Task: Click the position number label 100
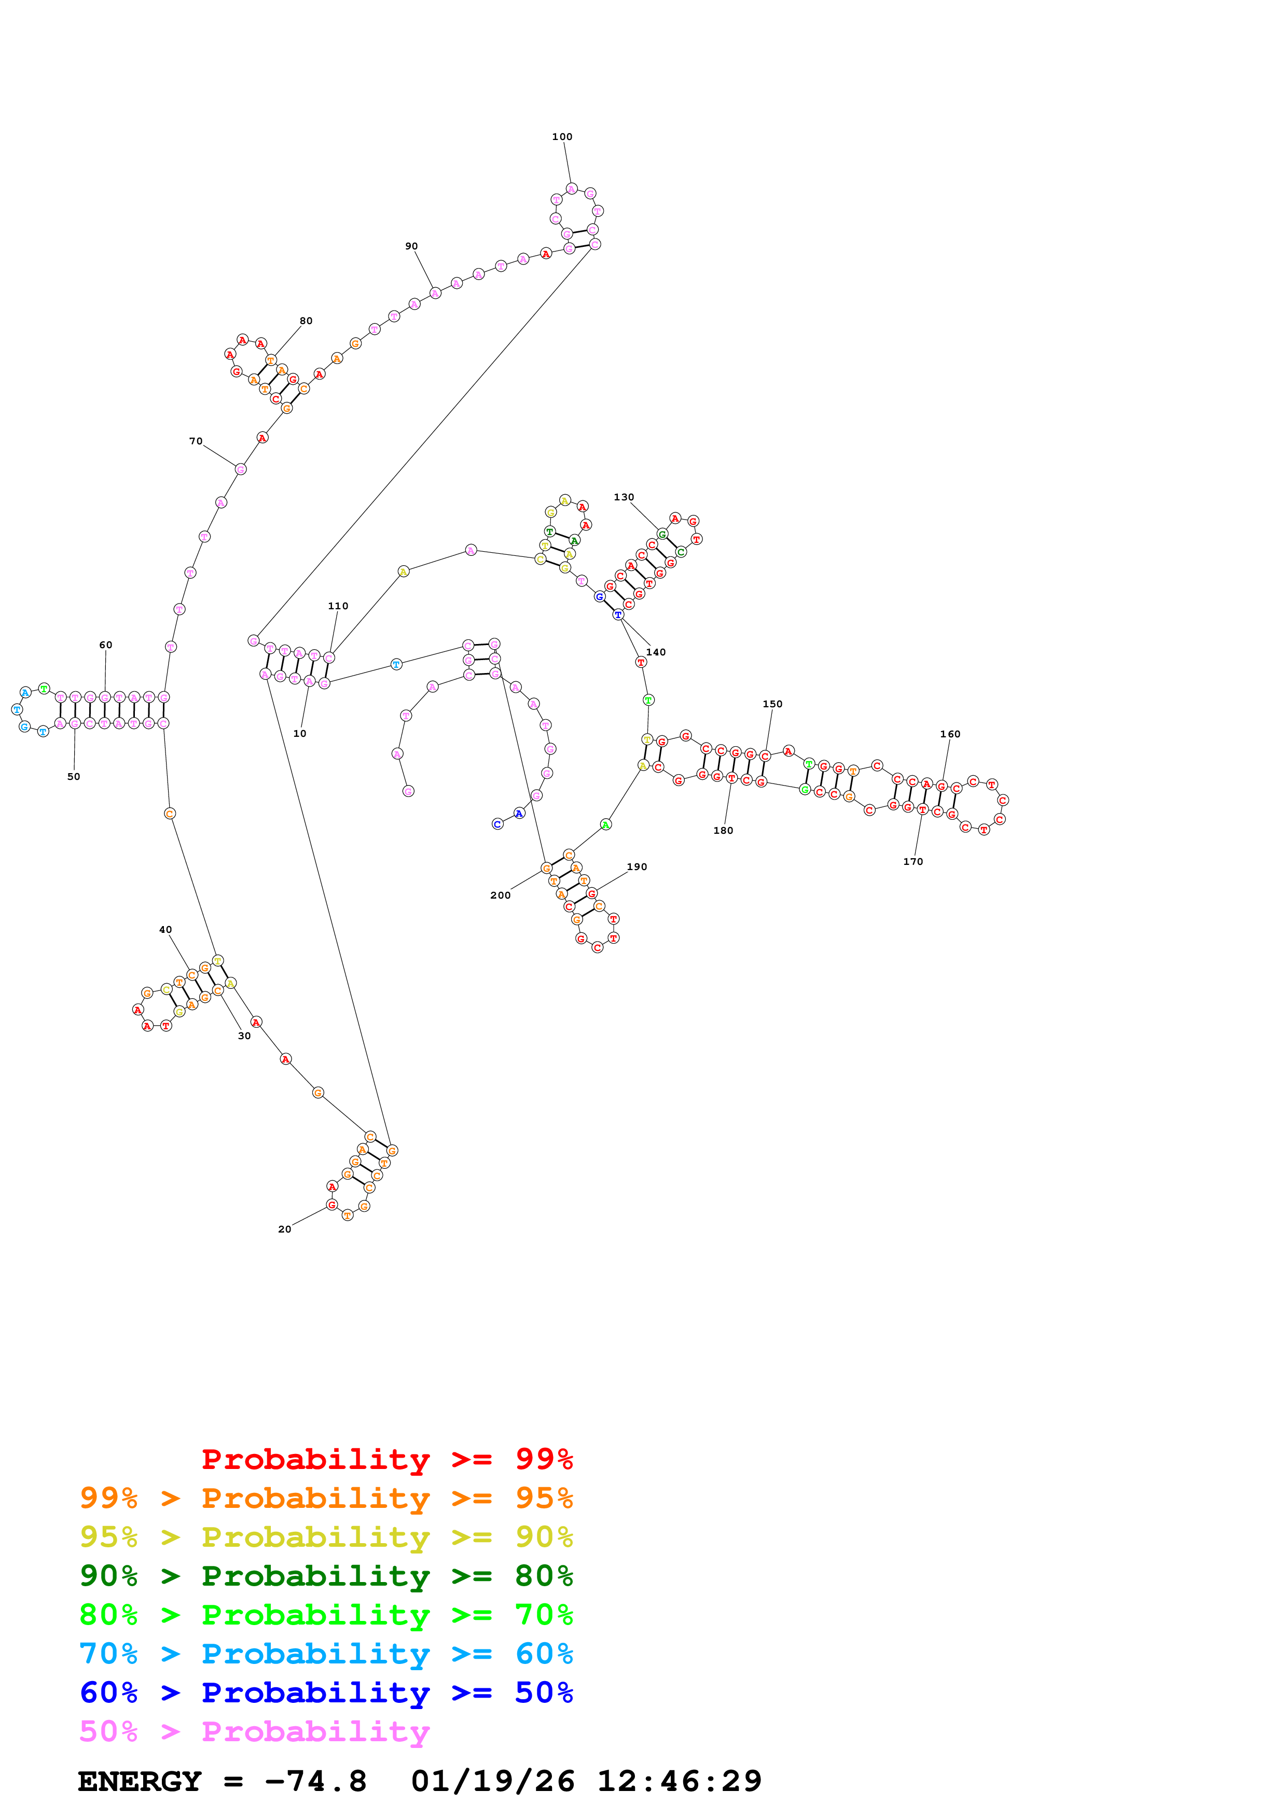click(562, 137)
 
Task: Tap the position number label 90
click(411, 246)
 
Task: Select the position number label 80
click(306, 321)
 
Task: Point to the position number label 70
click(196, 441)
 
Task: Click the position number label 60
click(105, 645)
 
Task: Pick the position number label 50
click(74, 776)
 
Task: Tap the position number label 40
click(165, 929)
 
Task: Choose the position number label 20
click(284, 1229)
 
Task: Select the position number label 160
click(950, 734)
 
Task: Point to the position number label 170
click(913, 861)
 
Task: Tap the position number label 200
click(500, 895)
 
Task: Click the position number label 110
click(338, 606)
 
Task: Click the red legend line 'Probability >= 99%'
click(386, 1459)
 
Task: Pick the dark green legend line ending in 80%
click(326, 1576)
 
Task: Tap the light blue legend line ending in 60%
click(326, 1654)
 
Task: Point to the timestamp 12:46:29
click(679, 1781)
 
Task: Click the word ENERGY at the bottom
click(140, 1781)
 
